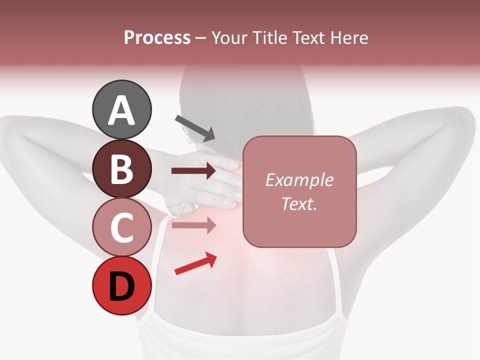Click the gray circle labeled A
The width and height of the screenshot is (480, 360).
tap(121, 110)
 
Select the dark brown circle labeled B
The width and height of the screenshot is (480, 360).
tap(121, 169)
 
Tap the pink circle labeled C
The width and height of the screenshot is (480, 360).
tap(121, 227)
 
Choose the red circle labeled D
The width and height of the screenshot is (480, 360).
tap(121, 285)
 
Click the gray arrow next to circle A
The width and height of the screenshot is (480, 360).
tap(195, 128)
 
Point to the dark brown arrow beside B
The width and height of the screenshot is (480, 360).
tap(193, 171)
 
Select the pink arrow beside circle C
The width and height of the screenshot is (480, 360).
tap(193, 225)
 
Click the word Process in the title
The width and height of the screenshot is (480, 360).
tap(157, 37)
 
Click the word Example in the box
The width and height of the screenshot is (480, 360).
tap(299, 180)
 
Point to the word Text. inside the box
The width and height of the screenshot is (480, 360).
tap(299, 203)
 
